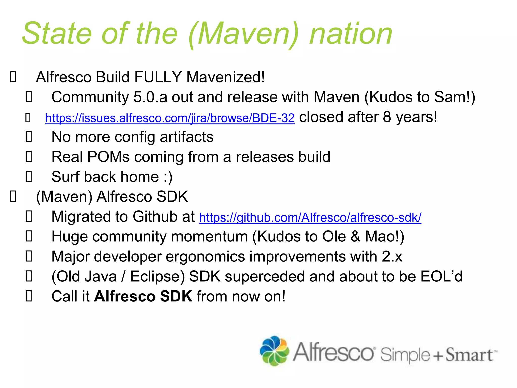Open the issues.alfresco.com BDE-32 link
pos(170,118)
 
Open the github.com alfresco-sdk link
pos(310,217)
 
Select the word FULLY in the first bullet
pos(158,77)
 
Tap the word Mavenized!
pos(225,77)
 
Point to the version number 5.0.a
pos(150,97)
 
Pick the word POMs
pos(109,157)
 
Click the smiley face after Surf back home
pos(168,177)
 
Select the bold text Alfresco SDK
pos(143,296)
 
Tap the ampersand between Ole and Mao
pos(355,237)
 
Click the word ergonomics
pos(205,257)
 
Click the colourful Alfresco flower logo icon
pos(274,351)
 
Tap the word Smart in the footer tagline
pos(469,355)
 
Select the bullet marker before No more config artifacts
pos(29,137)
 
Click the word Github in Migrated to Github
pos(156,217)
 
